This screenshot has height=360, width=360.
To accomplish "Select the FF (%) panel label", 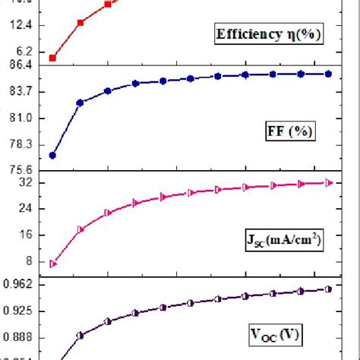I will (x=289, y=131).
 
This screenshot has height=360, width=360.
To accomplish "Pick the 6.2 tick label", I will (x=24, y=51).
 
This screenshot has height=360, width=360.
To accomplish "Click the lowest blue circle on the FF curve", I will (x=52, y=155).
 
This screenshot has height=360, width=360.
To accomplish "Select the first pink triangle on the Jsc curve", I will (x=52, y=264).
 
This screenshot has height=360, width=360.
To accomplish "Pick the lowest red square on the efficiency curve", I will (x=52, y=58).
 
